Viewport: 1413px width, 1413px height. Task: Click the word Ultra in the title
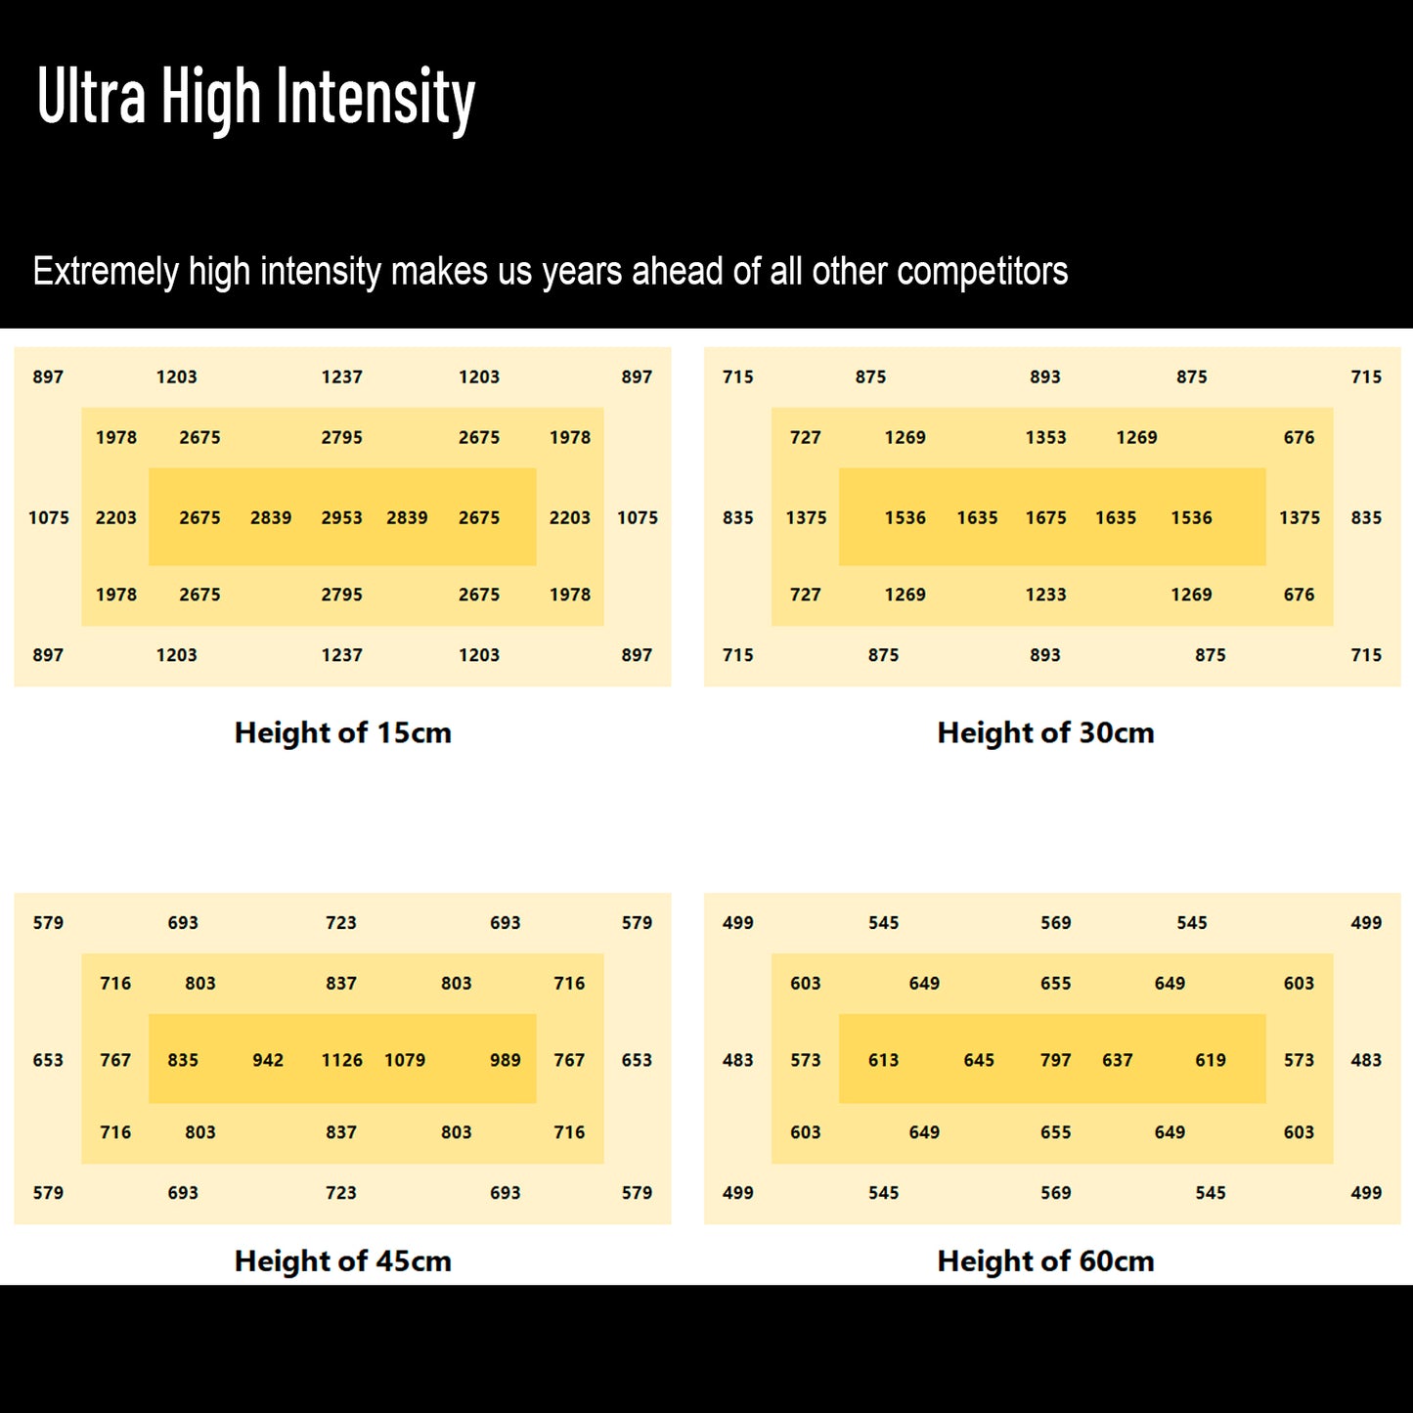click(x=91, y=98)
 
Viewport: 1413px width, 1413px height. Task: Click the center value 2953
click(x=341, y=517)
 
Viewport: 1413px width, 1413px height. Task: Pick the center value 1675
click(x=1045, y=517)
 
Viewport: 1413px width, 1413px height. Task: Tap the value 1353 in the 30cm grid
click(x=1045, y=437)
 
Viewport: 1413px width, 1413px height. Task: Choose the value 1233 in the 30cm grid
click(x=1045, y=595)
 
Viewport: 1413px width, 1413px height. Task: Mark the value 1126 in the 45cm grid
click(x=341, y=1060)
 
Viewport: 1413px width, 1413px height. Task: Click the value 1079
click(x=405, y=1060)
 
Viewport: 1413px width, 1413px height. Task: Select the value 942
click(x=268, y=1060)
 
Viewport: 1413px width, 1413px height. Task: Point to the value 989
click(x=505, y=1060)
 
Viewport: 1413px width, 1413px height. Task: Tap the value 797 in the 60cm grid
click(x=1055, y=1060)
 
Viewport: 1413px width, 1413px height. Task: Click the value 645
click(x=979, y=1060)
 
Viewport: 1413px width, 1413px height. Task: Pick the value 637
click(x=1117, y=1060)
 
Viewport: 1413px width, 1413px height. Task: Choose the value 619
click(x=1210, y=1060)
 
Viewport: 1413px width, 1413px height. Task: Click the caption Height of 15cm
click(x=342, y=732)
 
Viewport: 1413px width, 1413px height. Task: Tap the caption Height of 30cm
click(x=1045, y=732)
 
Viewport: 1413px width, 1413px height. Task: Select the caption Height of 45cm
click(x=342, y=1260)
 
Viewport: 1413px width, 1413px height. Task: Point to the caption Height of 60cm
click(x=1045, y=1260)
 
